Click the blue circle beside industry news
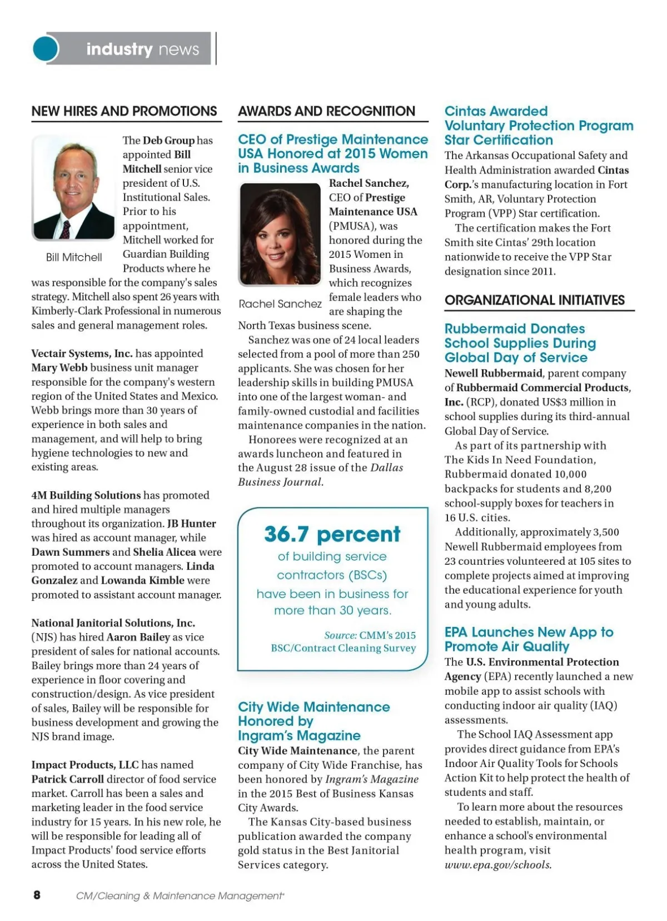pos(46,48)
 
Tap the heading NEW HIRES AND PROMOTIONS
pos(124,111)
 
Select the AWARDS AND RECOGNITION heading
pos(326,111)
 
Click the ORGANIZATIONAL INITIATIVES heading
pos(535,300)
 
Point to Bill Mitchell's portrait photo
pos(73,188)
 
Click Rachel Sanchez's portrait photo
pos(280,235)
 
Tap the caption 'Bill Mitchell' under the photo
pos(74,257)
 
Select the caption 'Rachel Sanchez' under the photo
pos(280,304)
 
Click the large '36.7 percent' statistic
pos(332,534)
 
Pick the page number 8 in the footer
pos(37,894)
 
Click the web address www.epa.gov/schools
pos(498,865)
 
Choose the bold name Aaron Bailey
pos(138,638)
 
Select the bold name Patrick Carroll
pos(67,779)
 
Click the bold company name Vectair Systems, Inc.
pos(82,354)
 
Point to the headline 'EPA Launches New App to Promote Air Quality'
pos(528,639)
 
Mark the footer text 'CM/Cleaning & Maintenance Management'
pos(180,895)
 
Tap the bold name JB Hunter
pos(192,524)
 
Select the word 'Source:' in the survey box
pos(340,635)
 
